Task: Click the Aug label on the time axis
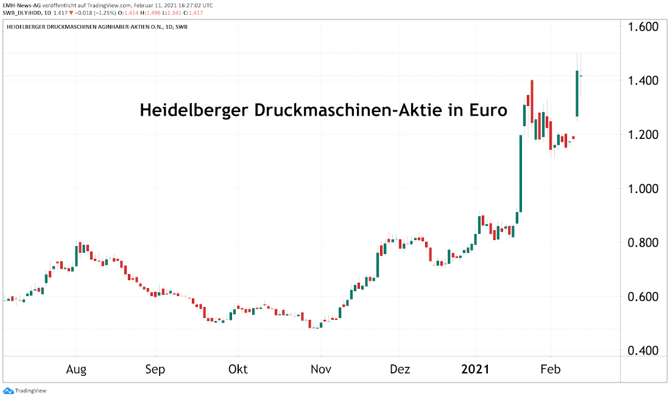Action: coord(76,369)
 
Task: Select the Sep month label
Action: coord(155,369)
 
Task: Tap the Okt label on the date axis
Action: coord(238,369)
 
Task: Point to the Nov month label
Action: coord(320,369)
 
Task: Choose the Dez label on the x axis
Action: coord(400,369)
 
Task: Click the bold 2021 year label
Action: coord(475,369)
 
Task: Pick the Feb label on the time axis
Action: coord(551,369)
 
